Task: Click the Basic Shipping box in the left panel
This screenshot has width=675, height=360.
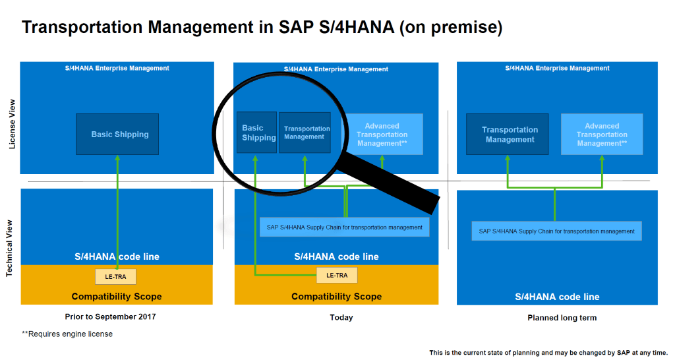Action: point(117,135)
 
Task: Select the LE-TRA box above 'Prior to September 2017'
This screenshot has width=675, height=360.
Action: point(116,276)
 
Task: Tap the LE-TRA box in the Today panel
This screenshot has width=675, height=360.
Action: point(337,275)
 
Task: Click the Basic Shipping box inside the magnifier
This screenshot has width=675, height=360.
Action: point(256,133)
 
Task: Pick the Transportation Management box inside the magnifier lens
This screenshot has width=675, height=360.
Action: point(305,133)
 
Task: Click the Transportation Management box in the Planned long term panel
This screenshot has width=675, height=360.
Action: point(508,135)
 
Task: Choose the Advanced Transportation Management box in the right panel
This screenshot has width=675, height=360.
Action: point(602,135)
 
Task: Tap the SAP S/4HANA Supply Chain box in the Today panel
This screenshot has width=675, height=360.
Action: point(344,227)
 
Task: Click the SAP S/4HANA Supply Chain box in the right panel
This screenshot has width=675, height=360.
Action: point(556,231)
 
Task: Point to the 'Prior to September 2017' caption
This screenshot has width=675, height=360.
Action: point(110,316)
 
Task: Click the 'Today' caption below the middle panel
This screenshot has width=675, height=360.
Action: point(341,317)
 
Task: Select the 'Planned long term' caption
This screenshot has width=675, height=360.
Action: point(562,318)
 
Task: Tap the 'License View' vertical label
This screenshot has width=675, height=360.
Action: point(12,125)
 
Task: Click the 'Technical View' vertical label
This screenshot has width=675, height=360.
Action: point(9,249)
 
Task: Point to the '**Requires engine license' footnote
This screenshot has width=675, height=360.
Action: point(67,334)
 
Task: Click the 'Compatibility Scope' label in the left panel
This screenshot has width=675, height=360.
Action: point(117,296)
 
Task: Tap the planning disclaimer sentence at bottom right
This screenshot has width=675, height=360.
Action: point(548,353)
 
